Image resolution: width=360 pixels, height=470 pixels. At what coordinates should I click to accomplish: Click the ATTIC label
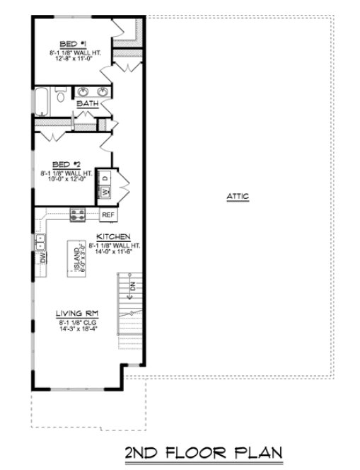click(238, 197)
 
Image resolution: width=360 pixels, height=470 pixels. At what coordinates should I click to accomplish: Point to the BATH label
click(87, 103)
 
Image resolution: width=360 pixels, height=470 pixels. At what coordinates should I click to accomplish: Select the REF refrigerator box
click(109, 214)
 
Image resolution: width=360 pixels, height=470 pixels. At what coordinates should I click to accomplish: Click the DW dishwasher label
click(42, 258)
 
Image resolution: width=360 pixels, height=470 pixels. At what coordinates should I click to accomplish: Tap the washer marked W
click(103, 192)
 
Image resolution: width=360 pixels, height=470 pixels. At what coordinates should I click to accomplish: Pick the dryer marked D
click(103, 177)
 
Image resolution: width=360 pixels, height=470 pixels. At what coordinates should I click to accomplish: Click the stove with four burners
click(77, 214)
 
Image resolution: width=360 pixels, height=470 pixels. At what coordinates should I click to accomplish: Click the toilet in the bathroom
click(61, 95)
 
